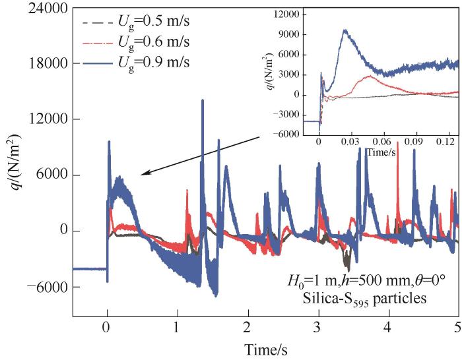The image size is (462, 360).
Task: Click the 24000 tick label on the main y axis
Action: click(x=46, y=9)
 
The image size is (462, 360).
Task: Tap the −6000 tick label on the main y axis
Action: click(x=44, y=287)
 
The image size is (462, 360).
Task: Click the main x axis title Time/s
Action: click(x=266, y=349)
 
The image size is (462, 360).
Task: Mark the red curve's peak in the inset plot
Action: click(x=368, y=76)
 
